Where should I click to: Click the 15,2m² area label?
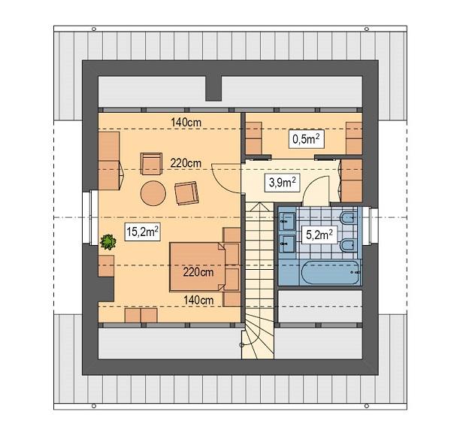point(142,232)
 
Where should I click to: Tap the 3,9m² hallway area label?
point(281,182)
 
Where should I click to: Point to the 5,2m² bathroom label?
point(319,235)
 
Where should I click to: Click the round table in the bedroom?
point(153,192)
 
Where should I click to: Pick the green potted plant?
point(108,242)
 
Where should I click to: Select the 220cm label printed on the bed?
point(196,272)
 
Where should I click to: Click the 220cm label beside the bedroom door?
point(185,163)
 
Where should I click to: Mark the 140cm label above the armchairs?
point(185,122)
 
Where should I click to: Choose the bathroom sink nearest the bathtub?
point(287,242)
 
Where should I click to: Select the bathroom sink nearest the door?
point(287,220)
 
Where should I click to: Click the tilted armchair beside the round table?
point(186,193)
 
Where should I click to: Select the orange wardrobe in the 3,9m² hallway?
point(351,180)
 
